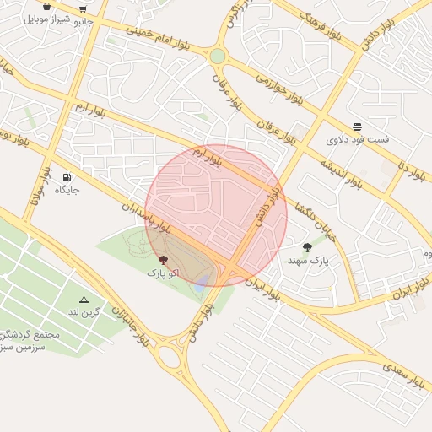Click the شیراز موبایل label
click(46, 18)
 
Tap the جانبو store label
click(84, 21)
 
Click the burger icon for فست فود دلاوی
click(358, 126)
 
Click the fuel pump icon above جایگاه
click(67, 177)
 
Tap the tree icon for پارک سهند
click(307, 248)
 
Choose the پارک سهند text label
click(307, 261)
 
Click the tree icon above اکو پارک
click(162, 261)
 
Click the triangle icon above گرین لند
click(84, 300)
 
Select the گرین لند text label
click(84, 312)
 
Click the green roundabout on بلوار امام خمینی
click(218, 56)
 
